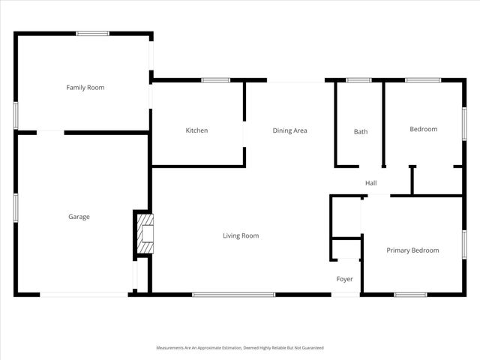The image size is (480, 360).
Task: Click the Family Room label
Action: point(85,88)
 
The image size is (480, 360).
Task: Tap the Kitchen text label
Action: point(196,130)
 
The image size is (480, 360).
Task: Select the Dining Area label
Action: point(289,130)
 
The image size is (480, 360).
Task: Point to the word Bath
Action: point(361,132)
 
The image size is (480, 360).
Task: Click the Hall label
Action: point(370,183)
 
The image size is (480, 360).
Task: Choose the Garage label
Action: point(79,217)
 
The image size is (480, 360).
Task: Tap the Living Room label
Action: point(240,235)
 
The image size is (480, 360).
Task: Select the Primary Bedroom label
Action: point(412,250)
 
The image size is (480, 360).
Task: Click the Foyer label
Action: point(344,279)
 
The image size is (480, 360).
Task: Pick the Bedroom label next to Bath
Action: point(423,129)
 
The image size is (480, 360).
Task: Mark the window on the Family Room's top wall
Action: point(92,33)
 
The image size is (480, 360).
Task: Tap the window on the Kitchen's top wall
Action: point(215,79)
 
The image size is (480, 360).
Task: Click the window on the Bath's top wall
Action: point(358,79)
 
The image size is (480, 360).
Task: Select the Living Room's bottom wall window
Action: point(234,294)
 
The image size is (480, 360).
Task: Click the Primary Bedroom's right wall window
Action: point(464,244)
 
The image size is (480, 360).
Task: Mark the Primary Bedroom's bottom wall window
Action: point(410,294)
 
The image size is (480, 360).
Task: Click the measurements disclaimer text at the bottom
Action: point(239,348)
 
